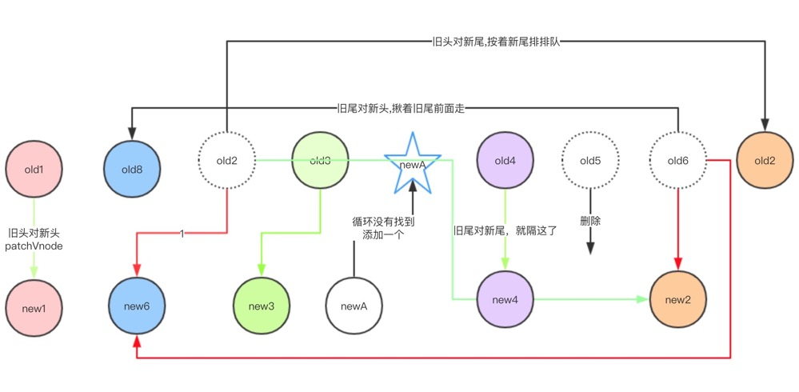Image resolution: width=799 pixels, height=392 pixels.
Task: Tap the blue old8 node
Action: [134, 170]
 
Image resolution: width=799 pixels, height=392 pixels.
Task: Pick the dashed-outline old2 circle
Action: [227, 161]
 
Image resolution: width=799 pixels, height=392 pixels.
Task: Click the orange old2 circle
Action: [765, 161]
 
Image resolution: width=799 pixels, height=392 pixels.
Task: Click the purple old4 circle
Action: [505, 161]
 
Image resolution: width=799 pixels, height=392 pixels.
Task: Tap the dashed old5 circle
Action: [590, 161]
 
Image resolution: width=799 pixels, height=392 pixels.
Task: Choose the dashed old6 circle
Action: [678, 161]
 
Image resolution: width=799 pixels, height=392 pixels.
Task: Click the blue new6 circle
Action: [137, 306]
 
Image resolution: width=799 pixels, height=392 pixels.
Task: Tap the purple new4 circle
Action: [505, 299]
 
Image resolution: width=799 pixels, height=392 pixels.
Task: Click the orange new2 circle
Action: [679, 299]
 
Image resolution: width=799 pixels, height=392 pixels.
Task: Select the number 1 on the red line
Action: [183, 234]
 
